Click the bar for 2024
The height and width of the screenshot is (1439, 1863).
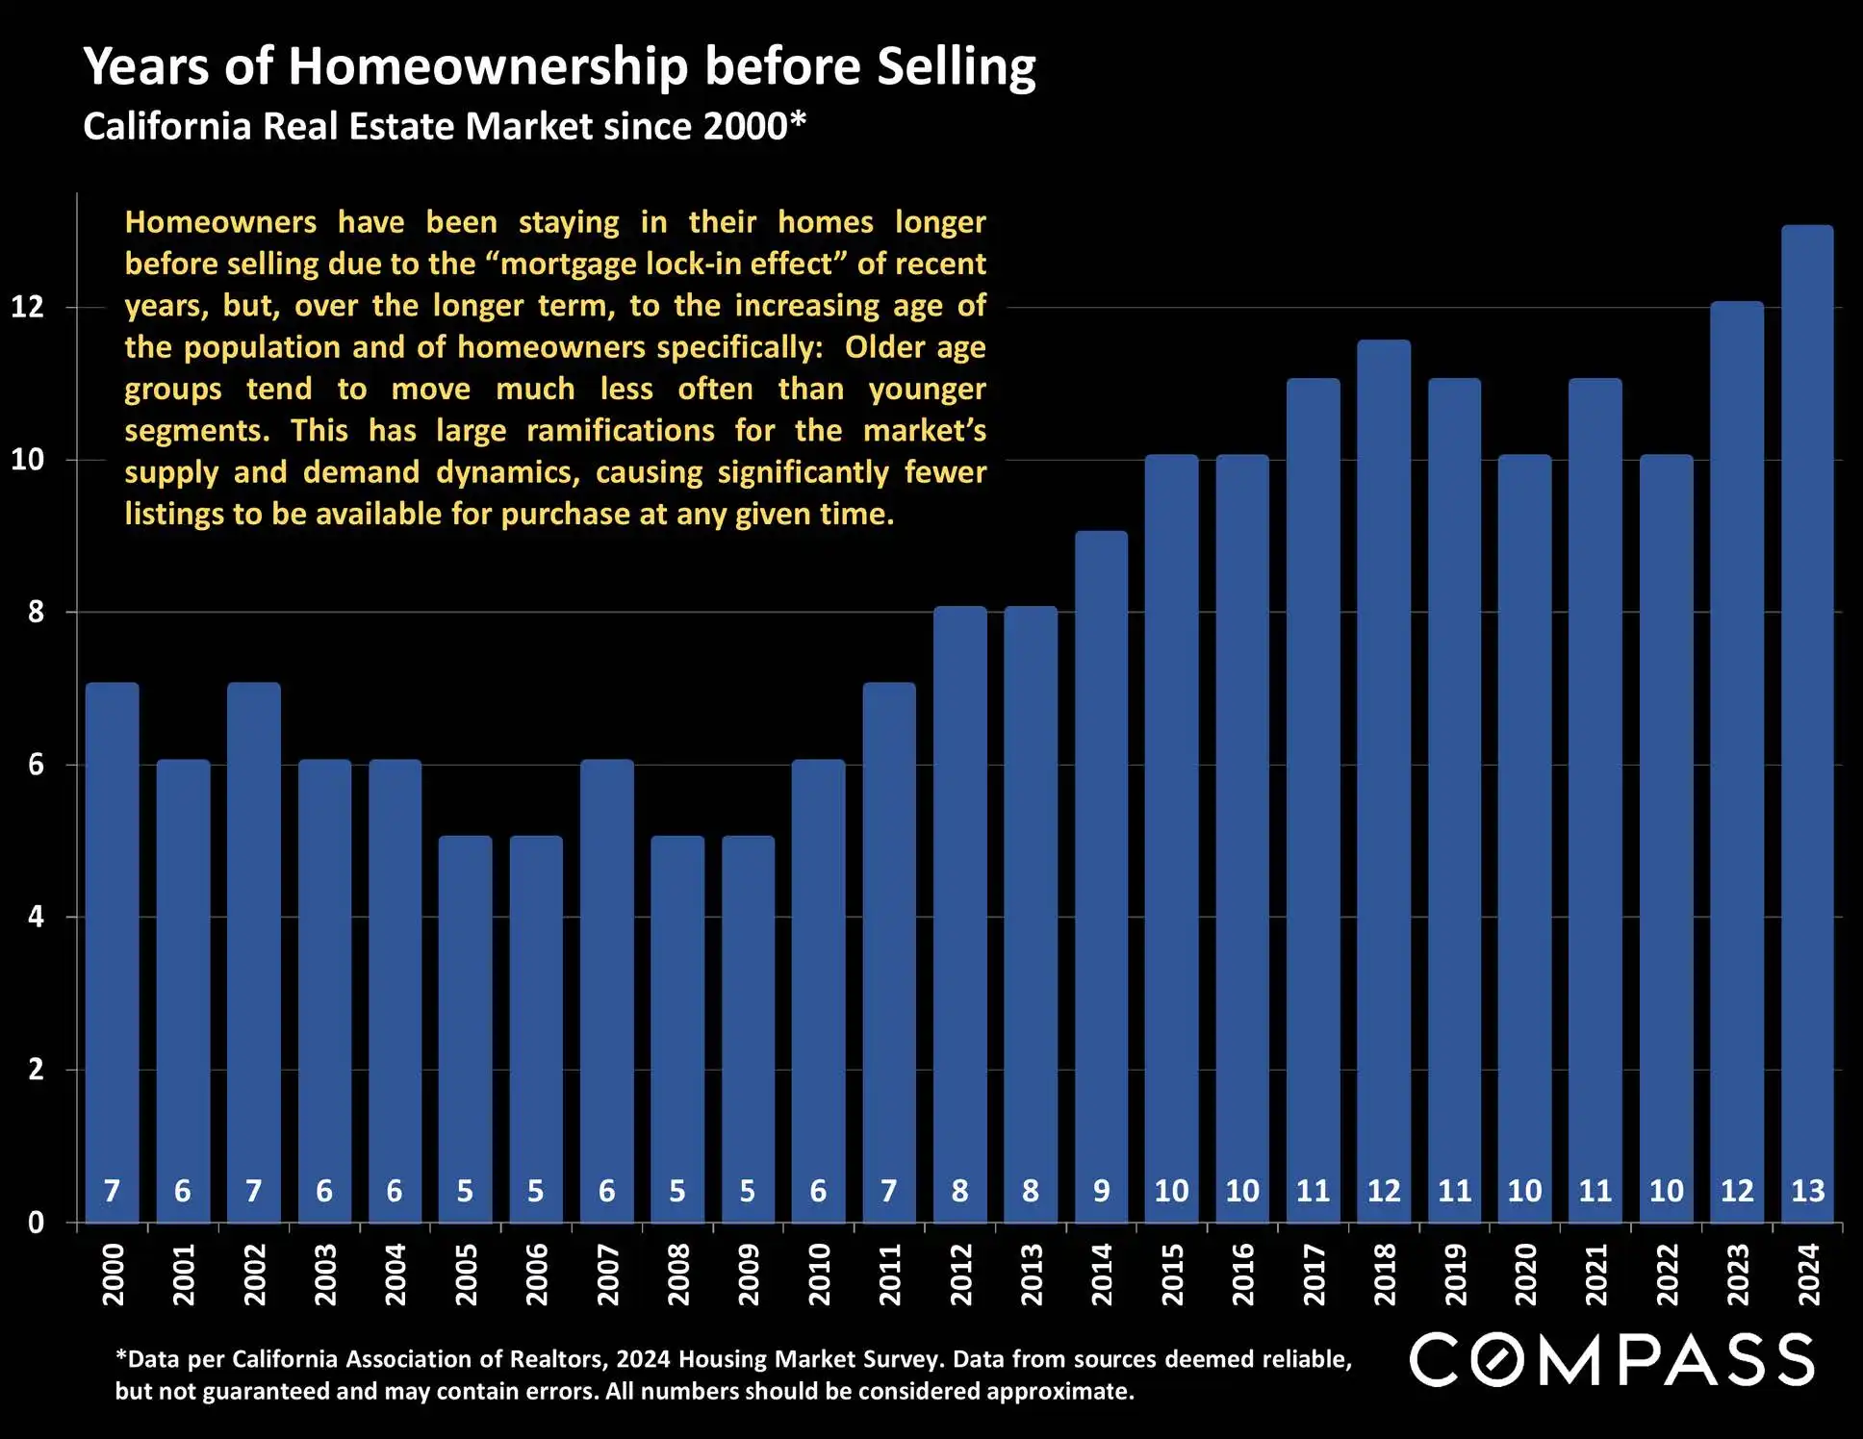coord(1807,721)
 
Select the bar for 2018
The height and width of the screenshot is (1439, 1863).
coord(1384,779)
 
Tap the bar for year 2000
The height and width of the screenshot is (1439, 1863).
coord(112,952)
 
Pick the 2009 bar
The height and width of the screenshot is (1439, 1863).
coord(748,1029)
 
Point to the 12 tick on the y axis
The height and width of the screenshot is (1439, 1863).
coord(28,307)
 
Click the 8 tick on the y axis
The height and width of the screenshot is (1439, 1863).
coord(36,612)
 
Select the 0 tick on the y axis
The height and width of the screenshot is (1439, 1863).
coord(36,1223)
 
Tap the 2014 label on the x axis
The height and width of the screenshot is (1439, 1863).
coord(1102,1275)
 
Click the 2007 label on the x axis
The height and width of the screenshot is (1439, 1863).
coord(607,1275)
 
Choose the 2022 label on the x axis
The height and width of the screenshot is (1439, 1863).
coord(1667,1275)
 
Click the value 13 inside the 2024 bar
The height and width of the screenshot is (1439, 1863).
coord(1807,1191)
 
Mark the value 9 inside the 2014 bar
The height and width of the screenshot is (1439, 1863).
coord(1102,1191)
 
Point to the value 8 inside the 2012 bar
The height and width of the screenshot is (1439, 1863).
coord(959,1191)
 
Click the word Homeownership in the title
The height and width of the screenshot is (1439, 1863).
coord(488,67)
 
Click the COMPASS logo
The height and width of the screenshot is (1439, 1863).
coord(1612,1360)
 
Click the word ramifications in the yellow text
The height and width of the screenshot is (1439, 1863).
coord(621,430)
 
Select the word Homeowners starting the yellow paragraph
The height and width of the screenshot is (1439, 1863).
coord(220,222)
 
